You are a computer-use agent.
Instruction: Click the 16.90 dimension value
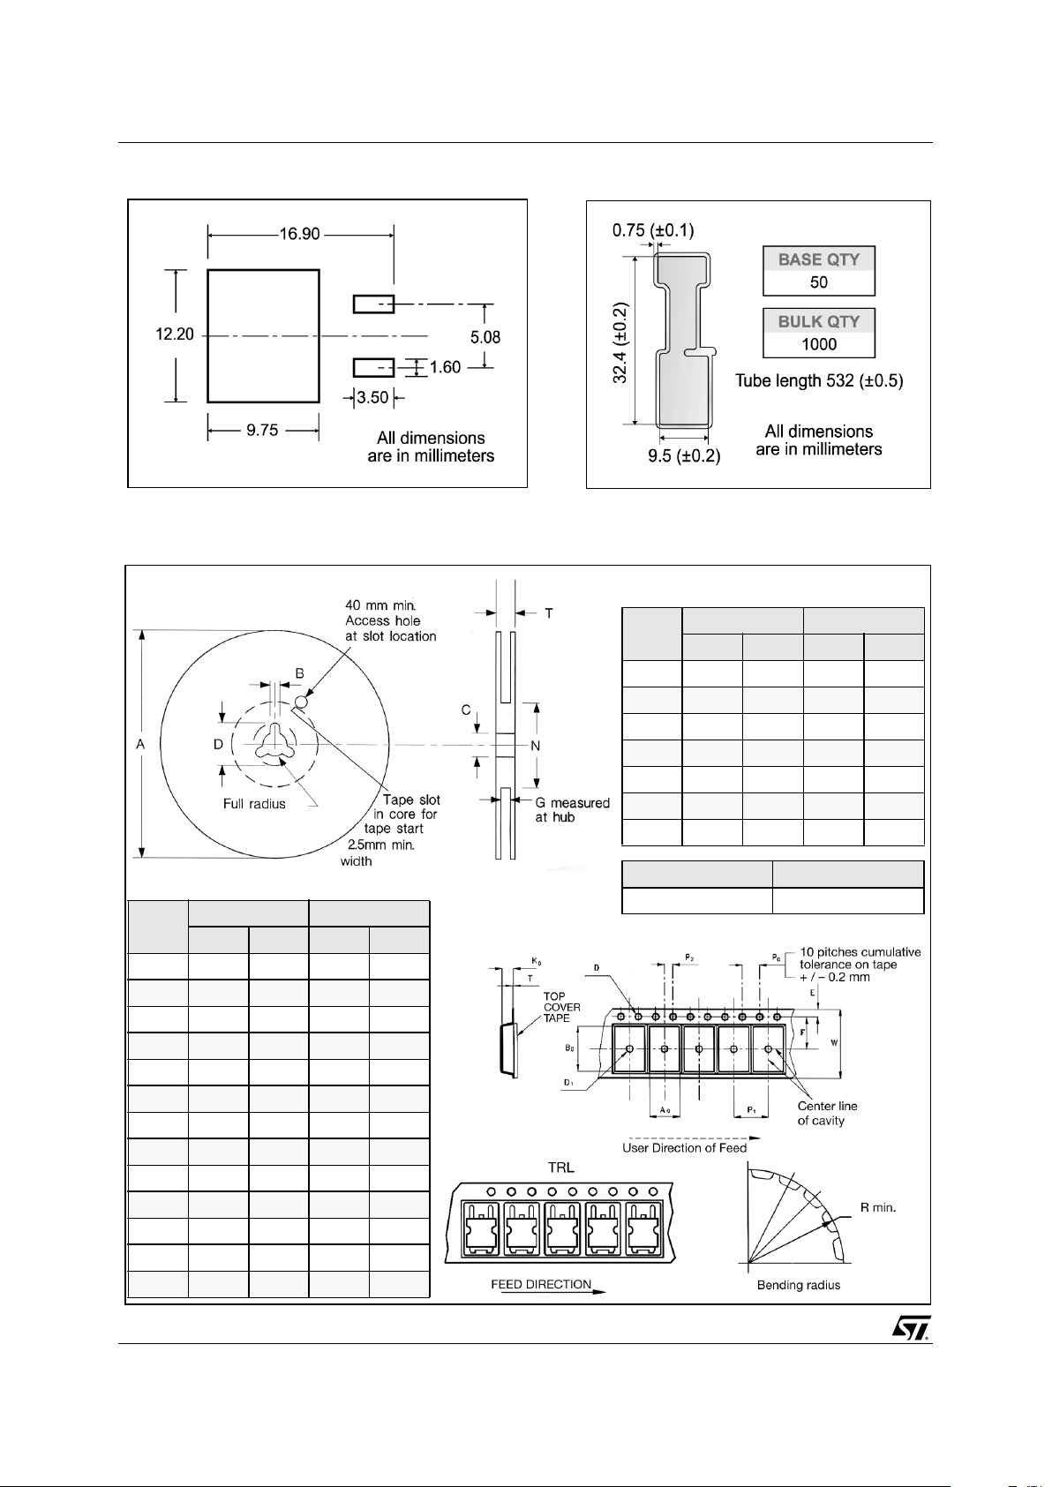point(300,234)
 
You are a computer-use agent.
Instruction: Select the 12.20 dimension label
point(175,335)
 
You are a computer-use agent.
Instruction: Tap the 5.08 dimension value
point(485,337)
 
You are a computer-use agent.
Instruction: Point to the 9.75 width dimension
point(262,431)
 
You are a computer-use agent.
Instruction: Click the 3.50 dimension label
point(372,398)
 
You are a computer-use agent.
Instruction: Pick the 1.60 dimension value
point(446,367)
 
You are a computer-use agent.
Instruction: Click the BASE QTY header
point(818,259)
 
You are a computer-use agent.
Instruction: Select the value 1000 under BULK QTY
point(818,344)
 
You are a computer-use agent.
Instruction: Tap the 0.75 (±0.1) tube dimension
point(653,231)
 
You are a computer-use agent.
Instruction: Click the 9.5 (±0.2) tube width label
point(684,456)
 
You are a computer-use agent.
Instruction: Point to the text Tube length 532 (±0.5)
point(819,381)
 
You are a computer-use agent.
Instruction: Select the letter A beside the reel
point(140,745)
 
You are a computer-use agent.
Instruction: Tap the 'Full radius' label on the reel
point(254,804)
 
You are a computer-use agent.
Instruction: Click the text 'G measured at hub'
point(572,810)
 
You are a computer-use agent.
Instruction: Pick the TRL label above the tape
point(560,1167)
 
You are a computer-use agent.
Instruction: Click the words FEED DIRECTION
point(541,1284)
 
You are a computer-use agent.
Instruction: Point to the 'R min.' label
point(878,1207)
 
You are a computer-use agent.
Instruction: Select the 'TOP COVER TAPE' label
point(561,1007)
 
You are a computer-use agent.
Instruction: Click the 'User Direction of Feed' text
point(684,1147)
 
